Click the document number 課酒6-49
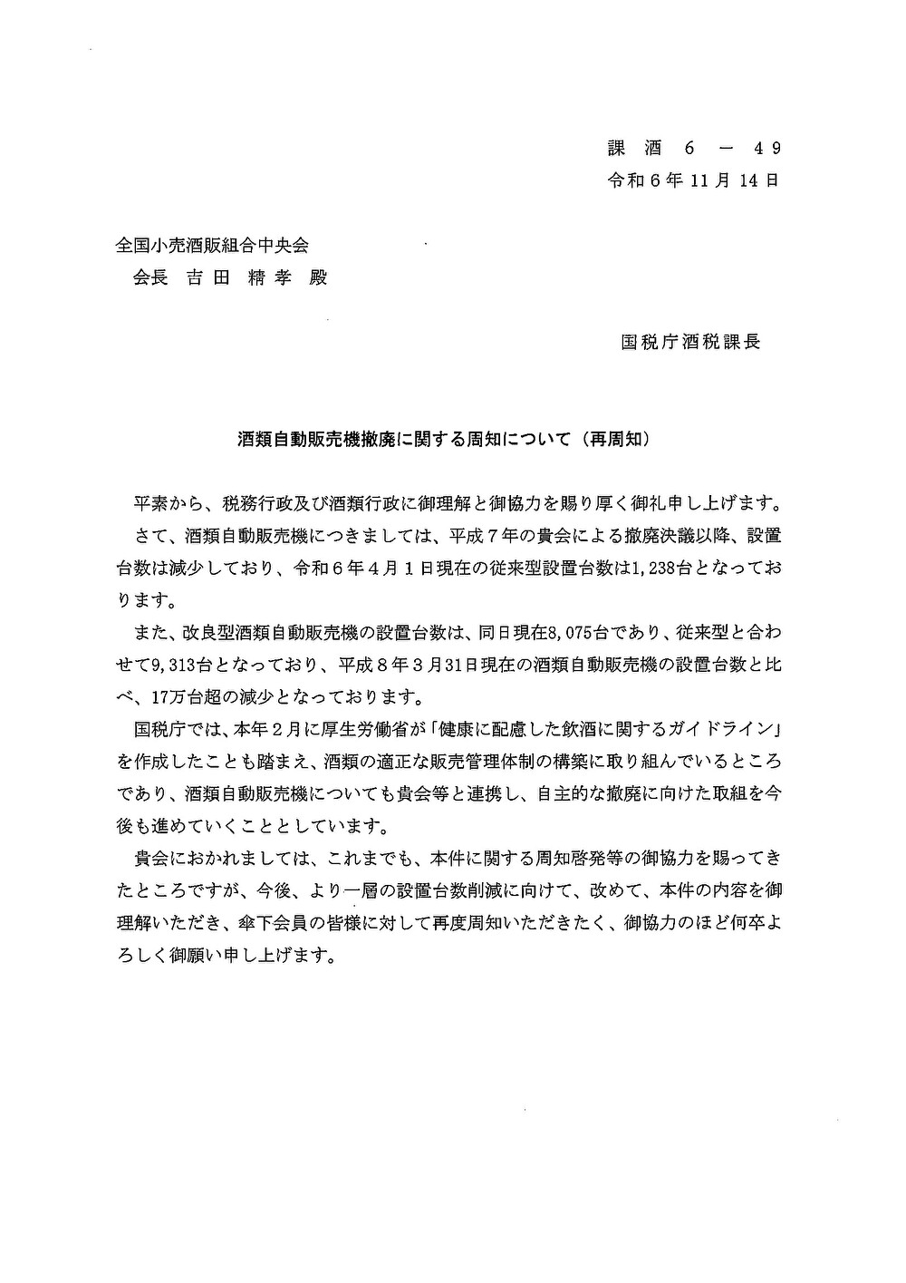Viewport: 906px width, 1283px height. [693, 148]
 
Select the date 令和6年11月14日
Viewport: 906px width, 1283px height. [693, 180]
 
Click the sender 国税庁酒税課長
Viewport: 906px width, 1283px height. [690, 342]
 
